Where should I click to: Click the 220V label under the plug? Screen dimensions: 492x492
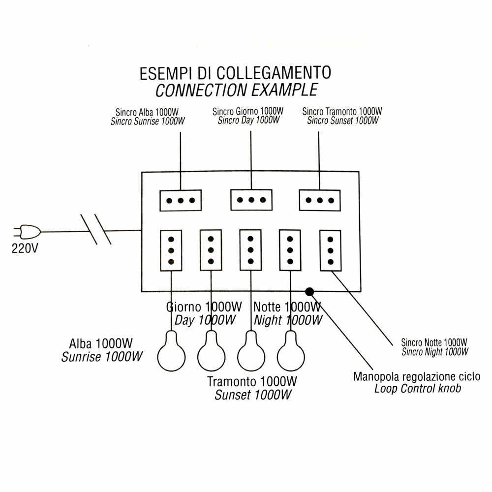pyautogui.click(x=24, y=248)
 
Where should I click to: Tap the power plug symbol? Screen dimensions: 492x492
pyautogui.click(x=28, y=231)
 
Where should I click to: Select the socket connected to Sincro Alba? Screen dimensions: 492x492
pyautogui.click(x=181, y=200)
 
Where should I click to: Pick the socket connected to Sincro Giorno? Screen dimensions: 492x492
pyautogui.click(x=251, y=200)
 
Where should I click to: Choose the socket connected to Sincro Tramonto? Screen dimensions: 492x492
pyautogui.click(x=320, y=200)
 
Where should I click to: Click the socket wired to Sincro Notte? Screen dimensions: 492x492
pyautogui.click(x=330, y=250)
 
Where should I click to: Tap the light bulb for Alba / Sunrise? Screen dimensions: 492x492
pyautogui.click(x=171, y=352)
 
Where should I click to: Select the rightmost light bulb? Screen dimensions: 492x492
pyautogui.click(x=291, y=352)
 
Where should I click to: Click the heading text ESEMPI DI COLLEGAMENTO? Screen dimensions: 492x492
pyautogui.click(x=235, y=73)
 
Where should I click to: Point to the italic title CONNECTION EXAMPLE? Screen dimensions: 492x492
pyautogui.click(x=236, y=90)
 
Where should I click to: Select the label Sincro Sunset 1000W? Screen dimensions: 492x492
pyautogui.click(x=343, y=121)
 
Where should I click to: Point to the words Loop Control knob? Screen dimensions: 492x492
pyautogui.click(x=418, y=389)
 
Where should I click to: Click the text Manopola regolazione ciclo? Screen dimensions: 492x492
pyautogui.click(x=417, y=377)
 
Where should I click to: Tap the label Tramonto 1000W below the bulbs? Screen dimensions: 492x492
pyautogui.click(x=252, y=382)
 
